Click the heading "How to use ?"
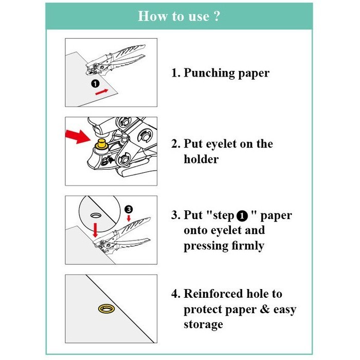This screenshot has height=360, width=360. click(x=179, y=16)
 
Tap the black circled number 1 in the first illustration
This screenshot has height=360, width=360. click(x=95, y=83)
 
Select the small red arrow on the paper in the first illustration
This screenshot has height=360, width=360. click(x=101, y=92)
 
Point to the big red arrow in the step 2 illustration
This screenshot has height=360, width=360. click(x=77, y=136)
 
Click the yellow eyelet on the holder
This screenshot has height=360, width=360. click(x=101, y=144)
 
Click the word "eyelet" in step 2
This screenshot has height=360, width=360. click(x=221, y=144)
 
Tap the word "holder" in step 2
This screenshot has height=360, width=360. click(x=201, y=159)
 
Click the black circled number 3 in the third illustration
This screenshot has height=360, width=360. click(x=129, y=209)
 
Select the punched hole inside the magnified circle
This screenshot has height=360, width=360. click(x=96, y=215)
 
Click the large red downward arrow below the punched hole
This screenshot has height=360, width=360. click(x=95, y=230)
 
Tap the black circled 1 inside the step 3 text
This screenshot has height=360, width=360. click(x=242, y=217)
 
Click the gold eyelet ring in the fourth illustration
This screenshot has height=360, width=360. click(x=106, y=309)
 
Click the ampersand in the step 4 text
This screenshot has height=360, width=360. click(x=265, y=309)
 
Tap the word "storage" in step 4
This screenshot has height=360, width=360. click(x=203, y=325)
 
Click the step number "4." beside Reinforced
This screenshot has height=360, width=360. click(x=176, y=294)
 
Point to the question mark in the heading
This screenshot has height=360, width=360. click(x=216, y=16)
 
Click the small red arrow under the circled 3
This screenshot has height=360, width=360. click(x=129, y=218)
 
